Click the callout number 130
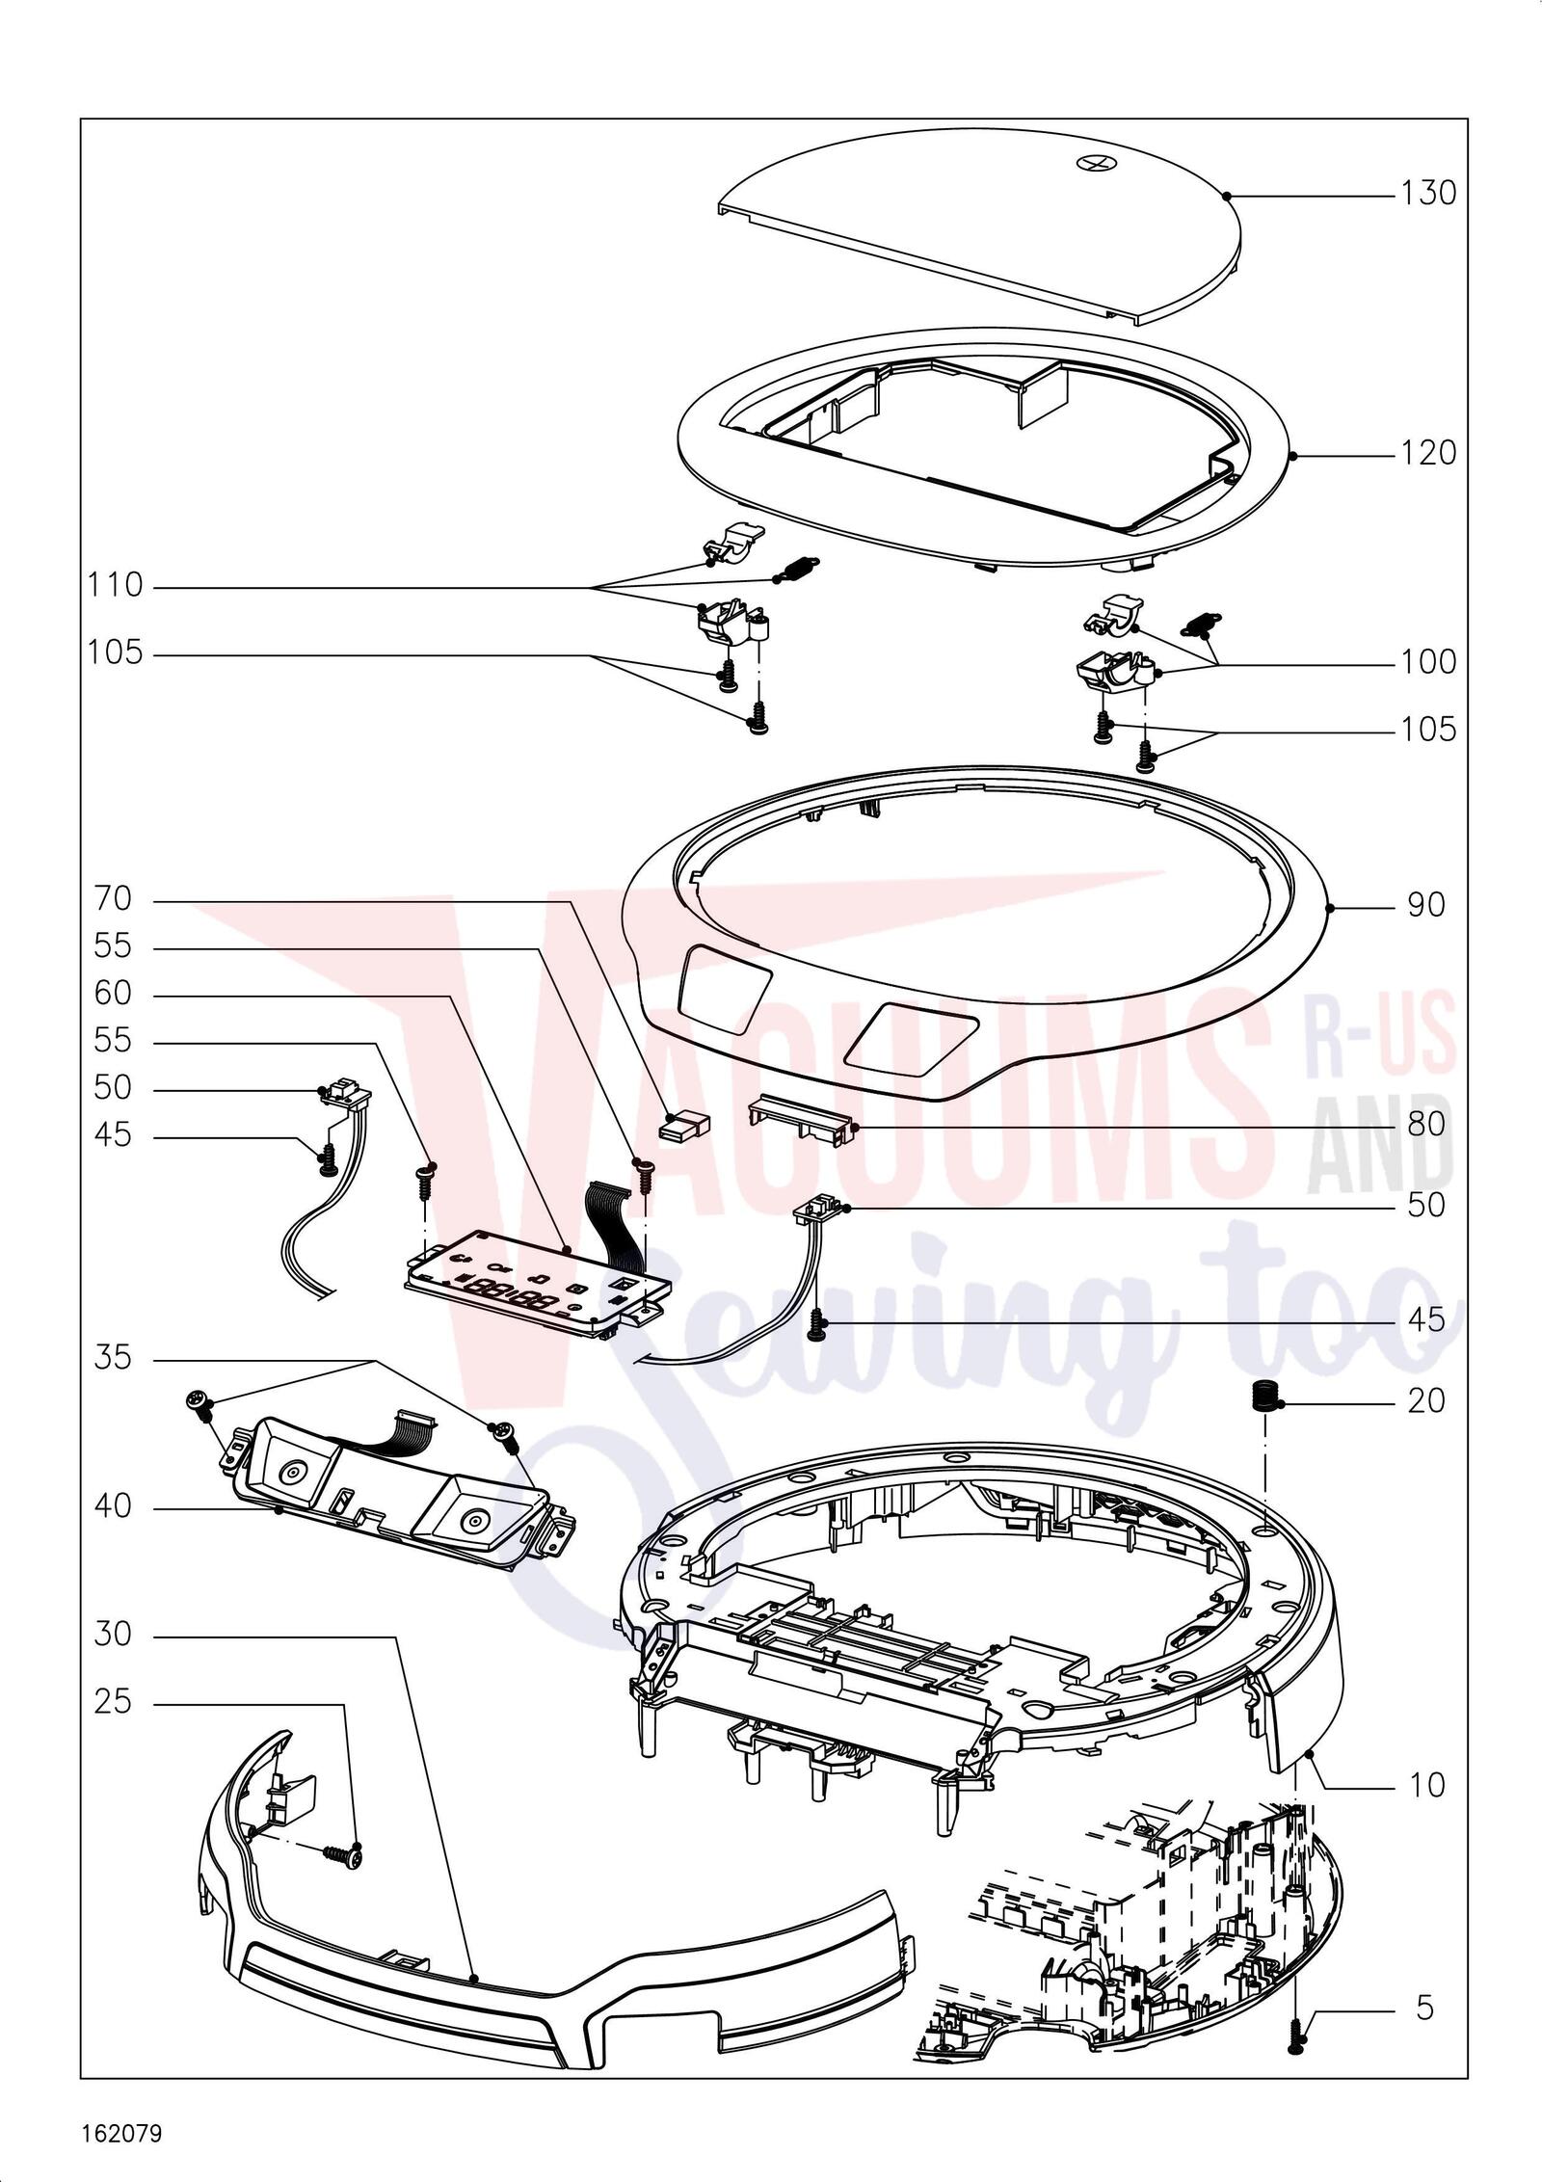(x=1428, y=194)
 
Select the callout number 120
(x=1428, y=452)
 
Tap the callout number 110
(x=115, y=585)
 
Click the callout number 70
(x=113, y=900)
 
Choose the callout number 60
(x=113, y=993)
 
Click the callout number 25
(x=113, y=1703)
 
